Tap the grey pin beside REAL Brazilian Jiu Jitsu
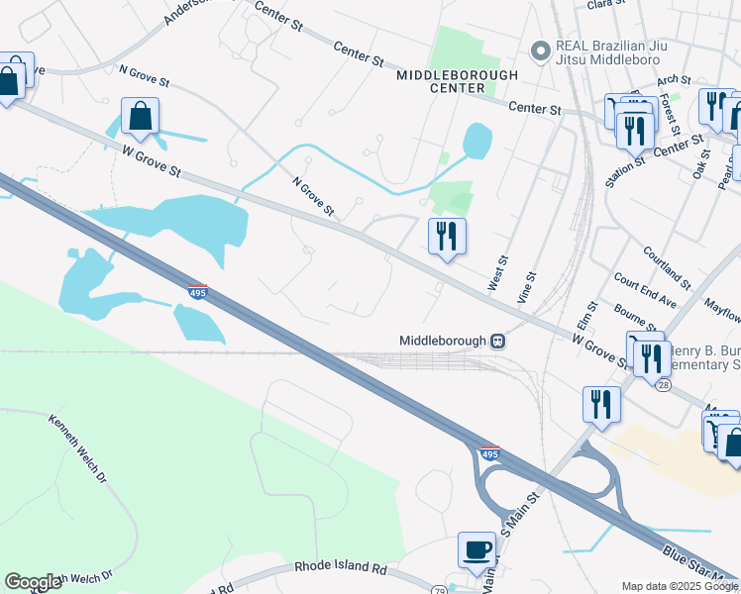(x=541, y=49)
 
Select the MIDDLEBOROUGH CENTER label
(x=457, y=81)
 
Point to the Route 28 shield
(x=663, y=383)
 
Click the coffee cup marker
(x=476, y=550)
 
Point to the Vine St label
(x=526, y=287)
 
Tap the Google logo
(x=33, y=582)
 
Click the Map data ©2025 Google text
(x=679, y=586)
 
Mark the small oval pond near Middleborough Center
(x=476, y=142)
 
